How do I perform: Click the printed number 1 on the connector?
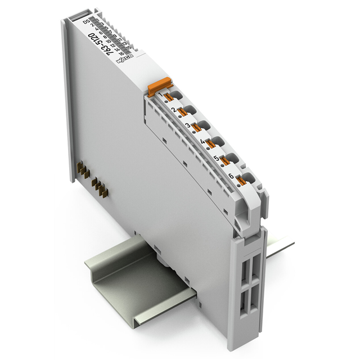pos(166,96)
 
